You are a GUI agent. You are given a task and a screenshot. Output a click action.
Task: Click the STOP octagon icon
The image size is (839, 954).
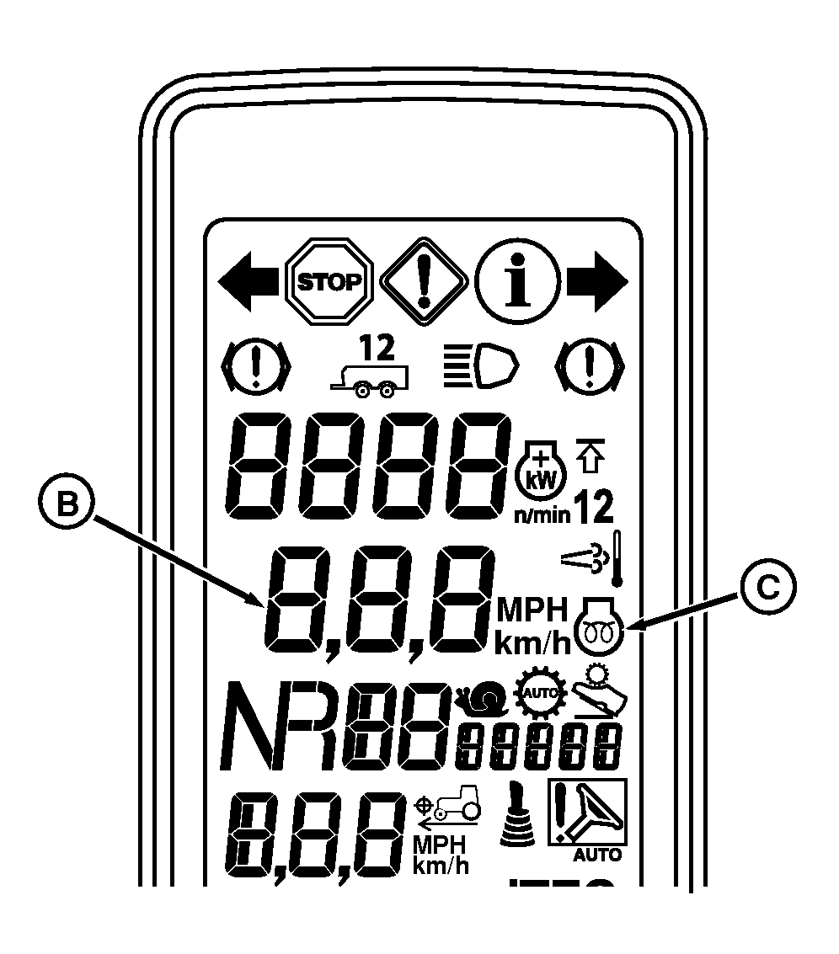[x=330, y=280]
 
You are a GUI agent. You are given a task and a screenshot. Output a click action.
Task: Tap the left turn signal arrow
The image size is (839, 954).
[x=248, y=280]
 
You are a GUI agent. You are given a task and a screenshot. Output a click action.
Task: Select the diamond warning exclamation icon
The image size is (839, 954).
[x=424, y=280]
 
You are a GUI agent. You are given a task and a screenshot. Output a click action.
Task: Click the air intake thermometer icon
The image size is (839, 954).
[x=591, y=557]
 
